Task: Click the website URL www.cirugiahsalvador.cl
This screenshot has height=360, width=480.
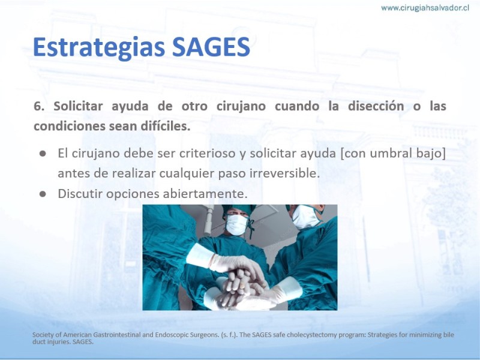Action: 425,8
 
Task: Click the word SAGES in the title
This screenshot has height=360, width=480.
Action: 211,47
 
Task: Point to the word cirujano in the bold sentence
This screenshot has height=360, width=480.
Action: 241,106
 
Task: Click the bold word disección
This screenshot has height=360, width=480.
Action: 376,106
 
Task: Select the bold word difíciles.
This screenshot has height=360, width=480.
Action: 166,126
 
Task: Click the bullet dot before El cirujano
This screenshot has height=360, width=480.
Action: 43,154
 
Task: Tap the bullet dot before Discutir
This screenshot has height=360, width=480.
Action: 43,194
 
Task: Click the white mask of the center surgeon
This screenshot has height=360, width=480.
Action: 236,224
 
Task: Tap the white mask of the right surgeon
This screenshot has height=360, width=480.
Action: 305,217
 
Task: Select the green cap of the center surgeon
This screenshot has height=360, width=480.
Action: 239,209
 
